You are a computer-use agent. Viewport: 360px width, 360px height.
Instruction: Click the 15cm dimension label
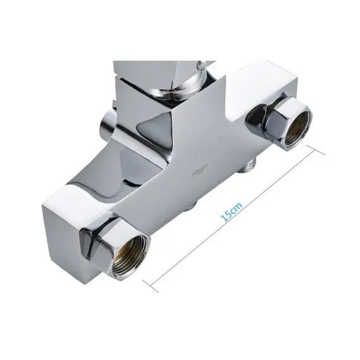[231, 210]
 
